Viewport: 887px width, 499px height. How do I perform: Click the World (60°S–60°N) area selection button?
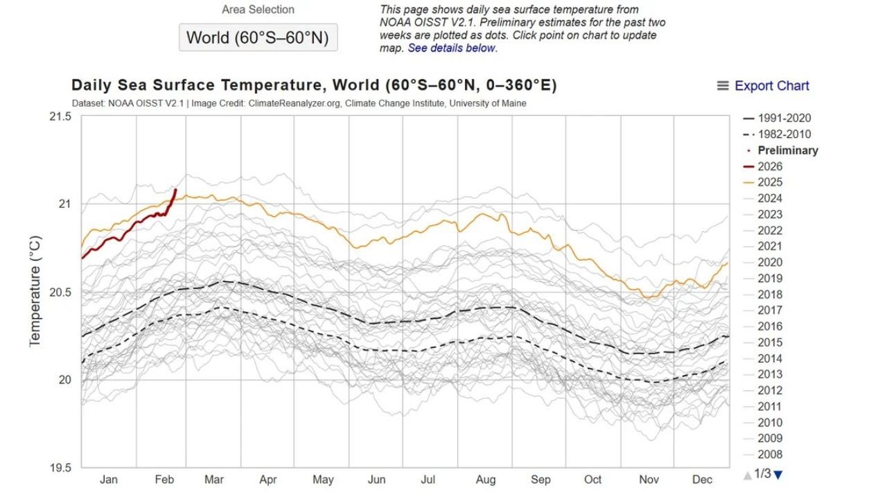click(x=258, y=37)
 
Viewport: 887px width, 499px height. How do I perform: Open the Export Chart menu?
click(x=763, y=86)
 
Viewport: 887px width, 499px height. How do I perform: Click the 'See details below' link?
click(x=452, y=48)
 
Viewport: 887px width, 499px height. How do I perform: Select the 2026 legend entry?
click(x=770, y=166)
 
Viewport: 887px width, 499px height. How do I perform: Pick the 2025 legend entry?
click(x=770, y=182)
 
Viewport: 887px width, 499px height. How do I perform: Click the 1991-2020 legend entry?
click(x=776, y=119)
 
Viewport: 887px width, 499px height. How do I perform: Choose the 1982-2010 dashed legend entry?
click(x=776, y=134)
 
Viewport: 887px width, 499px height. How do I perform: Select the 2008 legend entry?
click(x=770, y=455)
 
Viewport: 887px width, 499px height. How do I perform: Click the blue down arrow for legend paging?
click(x=778, y=475)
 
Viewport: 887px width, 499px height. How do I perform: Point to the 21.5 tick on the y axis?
click(x=60, y=116)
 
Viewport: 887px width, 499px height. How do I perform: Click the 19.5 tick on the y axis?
click(x=60, y=468)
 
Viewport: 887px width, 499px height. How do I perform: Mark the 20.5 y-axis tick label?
click(x=60, y=292)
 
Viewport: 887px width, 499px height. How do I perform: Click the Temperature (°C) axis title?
click(x=35, y=291)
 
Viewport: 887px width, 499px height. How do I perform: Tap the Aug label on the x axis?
click(x=485, y=480)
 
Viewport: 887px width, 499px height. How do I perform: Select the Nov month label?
click(x=648, y=480)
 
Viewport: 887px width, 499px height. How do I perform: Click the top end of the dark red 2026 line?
click(x=175, y=189)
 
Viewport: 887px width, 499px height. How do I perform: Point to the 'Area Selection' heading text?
click(x=258, y=10)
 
